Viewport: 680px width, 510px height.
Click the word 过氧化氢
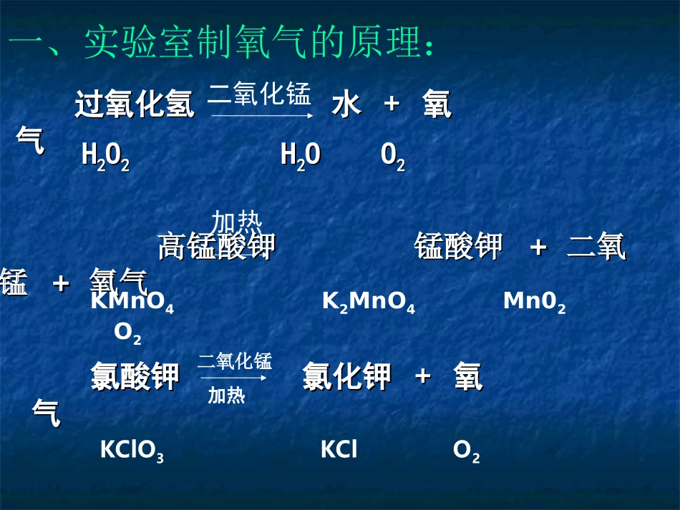coord(135,105)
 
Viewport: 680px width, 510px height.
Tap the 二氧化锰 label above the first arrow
coord(259,94)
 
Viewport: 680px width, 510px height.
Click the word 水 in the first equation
coord(346,105)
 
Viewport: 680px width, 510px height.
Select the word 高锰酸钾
coord(216,247)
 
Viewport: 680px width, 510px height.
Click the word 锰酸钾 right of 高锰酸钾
coord(458,247)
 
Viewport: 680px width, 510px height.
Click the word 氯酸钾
coord(135,377)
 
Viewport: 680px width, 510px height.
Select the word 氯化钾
coord(346,377)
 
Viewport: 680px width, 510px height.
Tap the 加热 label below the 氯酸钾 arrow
coord(226,396)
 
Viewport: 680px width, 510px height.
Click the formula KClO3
coord(132,451)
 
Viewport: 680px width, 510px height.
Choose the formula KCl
coord(339,450)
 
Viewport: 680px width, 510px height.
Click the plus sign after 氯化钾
coord(423,376)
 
